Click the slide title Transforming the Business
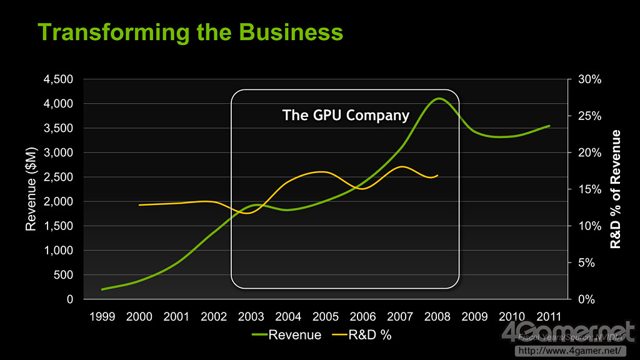[x=190, y=32]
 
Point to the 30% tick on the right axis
[x=589, y=79]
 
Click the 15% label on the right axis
[x=589, y=189]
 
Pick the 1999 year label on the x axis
[x=102, y=316]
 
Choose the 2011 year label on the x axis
[x=549, y=316]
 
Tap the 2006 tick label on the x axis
[x=362, y=316]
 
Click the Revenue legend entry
[x=294, y=335]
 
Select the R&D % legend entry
[x=369, y=335]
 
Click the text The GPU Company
[x=346, y=115]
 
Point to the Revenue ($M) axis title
[x=31, y=189]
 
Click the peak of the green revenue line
[x=439, y=98]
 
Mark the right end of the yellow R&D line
[x=437, y=176]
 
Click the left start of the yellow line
[x=139, y=204]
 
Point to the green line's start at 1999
[x=102, y=289]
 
